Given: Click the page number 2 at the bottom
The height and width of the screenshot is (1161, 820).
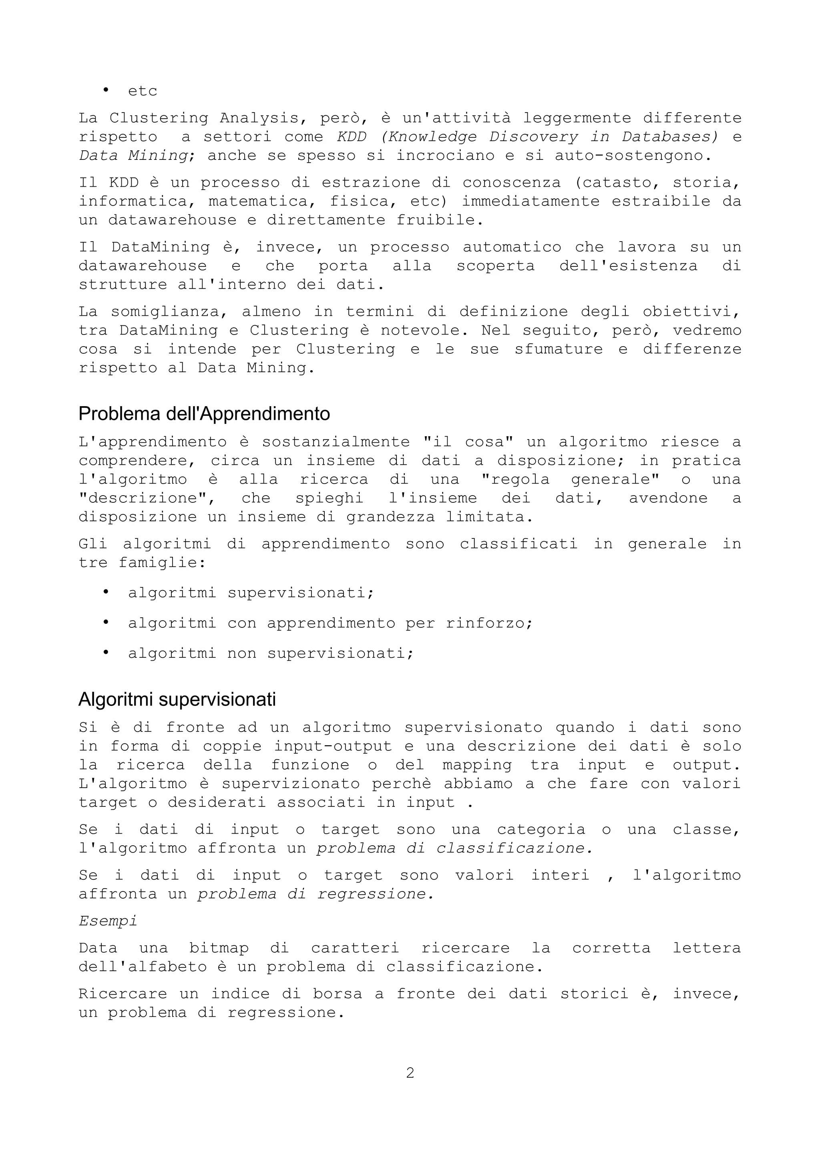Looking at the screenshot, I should [x=410, y=1072].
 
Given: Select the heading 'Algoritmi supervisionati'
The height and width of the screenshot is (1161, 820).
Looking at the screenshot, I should [x=177, y=700].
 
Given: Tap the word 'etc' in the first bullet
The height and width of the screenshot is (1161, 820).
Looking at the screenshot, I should [x=143, y=91].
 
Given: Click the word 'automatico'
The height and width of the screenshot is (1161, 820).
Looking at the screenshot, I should [x=512, y=247].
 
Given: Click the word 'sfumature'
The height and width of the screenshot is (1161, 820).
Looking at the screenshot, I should [x=558, y=349].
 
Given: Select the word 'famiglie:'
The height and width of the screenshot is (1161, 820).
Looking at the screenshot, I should [x=162, y=563].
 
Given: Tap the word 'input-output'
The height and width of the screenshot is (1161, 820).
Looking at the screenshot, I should [x=333, y=746].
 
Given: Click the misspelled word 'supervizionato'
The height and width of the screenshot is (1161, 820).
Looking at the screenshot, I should [x=291, y=784].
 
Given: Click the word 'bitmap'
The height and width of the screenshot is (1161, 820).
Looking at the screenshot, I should [x=219, y=948].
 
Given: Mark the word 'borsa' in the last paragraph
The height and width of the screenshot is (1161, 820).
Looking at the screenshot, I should [x=338, y=994].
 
